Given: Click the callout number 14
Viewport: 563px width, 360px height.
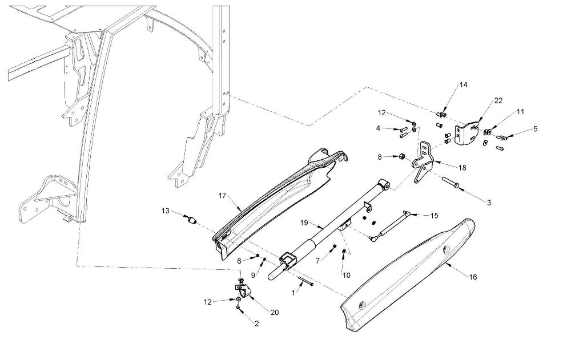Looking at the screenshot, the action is [463, 85].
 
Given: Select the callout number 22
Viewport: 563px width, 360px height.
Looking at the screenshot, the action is [498, 100].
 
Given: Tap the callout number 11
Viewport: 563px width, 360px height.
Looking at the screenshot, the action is [520, 112].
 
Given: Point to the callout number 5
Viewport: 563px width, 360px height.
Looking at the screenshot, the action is [536, 129].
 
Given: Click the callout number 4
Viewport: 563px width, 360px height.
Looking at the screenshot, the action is [378, 128].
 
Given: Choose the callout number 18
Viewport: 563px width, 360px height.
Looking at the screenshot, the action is [462, 168].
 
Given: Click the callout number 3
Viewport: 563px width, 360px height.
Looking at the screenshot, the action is [489, 203].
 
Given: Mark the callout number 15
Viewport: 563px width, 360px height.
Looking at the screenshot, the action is [434, 215].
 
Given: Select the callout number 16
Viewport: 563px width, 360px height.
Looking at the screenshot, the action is [473, 277].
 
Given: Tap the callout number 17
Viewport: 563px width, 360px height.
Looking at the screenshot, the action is [222, 196].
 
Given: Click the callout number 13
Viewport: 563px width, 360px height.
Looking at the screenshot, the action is [165, 211].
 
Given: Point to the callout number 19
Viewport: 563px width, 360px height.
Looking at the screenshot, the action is [304, 223].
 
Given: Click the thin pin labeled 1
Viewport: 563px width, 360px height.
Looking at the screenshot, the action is [305, 281].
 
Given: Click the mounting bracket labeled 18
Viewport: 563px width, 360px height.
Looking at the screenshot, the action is [424, 162].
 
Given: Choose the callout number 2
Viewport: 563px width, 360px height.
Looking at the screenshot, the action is [256, 323].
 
